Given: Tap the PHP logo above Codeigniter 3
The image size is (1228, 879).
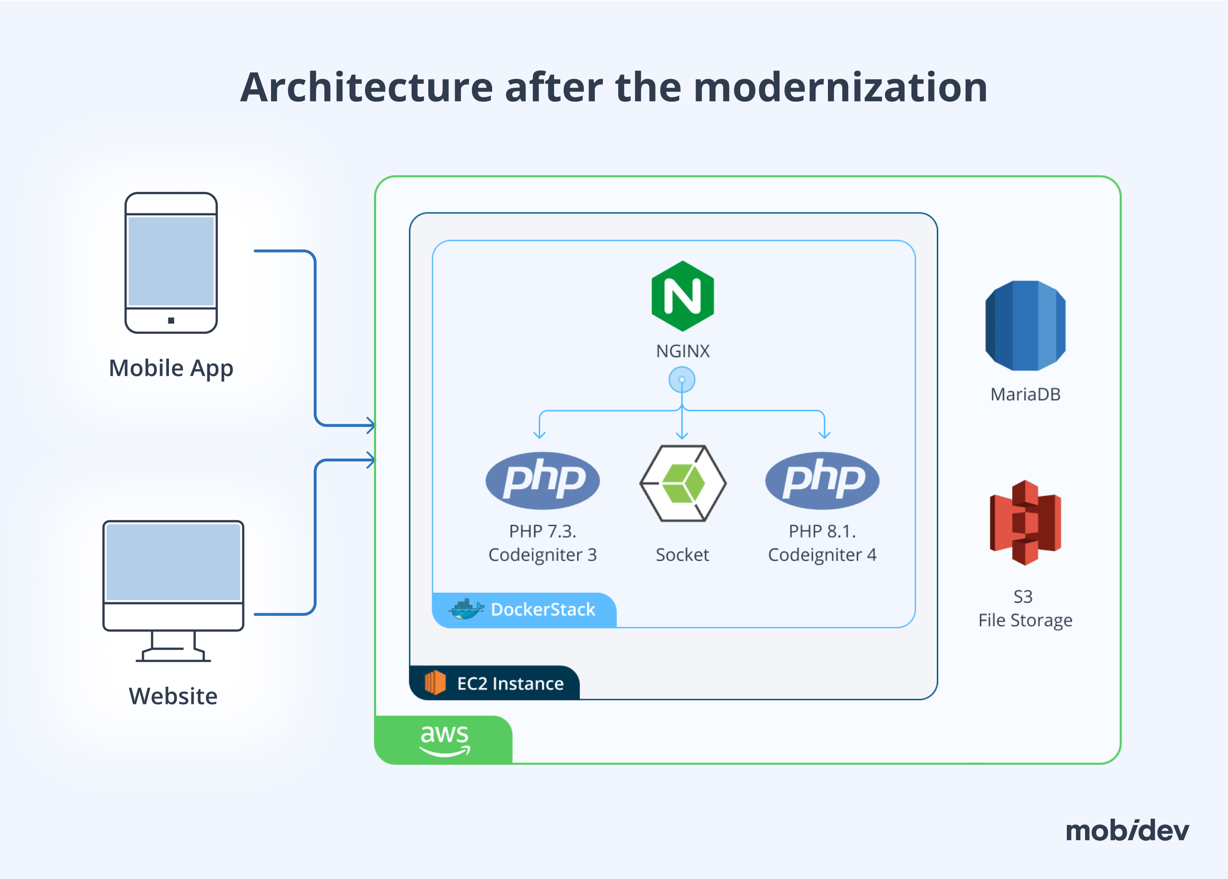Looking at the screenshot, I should [x=543, y=480].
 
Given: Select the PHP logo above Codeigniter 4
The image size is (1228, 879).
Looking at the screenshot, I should [x=822, y=480].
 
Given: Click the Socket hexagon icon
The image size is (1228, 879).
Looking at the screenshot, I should [x=683, y=483].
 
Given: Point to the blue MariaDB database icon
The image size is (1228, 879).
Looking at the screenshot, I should [x=1025, y=326].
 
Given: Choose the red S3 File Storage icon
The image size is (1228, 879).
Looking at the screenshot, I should [x=1025, y=522].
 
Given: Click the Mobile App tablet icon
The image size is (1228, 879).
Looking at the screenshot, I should [x=171, y=262].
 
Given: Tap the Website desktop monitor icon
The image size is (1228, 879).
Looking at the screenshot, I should [x=173, y=590].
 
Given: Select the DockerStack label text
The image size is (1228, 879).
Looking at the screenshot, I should [x=543, y=609].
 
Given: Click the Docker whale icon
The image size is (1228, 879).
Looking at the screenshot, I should [x=466, y=609].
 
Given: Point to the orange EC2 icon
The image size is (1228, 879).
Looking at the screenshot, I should [x=435, y=682].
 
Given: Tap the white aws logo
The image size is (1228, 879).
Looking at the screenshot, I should [x=445, y=739].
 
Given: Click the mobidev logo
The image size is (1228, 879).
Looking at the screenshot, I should [x=1127, y=830].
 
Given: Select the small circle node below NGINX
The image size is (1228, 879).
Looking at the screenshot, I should [x=682, y=379].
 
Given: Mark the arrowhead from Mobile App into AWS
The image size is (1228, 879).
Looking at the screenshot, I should [x=371, y=425].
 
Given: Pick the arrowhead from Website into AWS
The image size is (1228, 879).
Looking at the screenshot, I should [x=371, y=460].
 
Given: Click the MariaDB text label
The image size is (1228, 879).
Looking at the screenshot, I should [x=1025, y=395].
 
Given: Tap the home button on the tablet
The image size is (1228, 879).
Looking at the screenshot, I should [x=171, y=320].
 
